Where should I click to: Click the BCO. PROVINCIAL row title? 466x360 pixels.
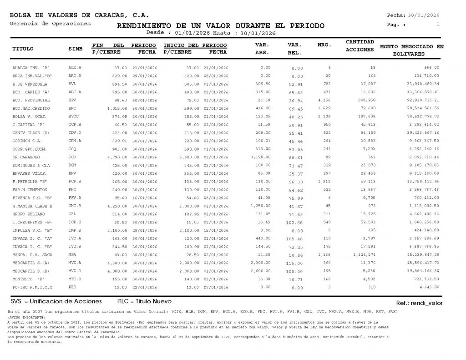[x=28, y=100]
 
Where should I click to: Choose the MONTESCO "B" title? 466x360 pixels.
[x=29, y=279]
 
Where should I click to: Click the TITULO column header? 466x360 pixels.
[x=23, y=48]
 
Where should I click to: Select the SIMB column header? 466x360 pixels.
[x=75, y=48]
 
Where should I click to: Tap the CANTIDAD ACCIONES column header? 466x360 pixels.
[x=360, y=46]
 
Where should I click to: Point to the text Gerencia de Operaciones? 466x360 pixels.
[x=50, y=24]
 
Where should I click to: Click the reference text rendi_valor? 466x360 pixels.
[x=428, y=303]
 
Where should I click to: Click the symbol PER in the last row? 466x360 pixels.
[x=72, y=287]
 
